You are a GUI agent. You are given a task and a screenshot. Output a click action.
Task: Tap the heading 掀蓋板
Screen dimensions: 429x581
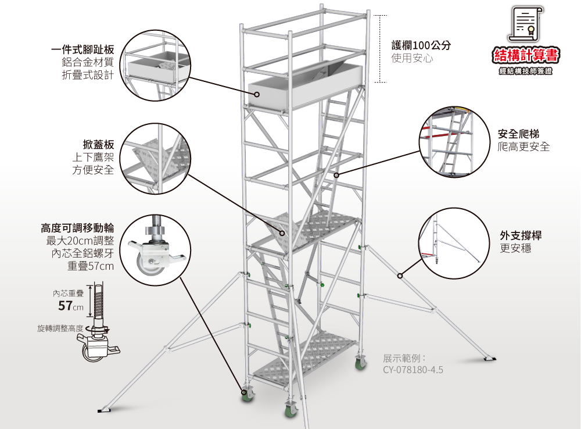pyautogui.click(x=98, y=144)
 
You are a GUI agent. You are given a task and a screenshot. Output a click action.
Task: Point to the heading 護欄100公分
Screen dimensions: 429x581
pyautogui.click(x=421, y=46)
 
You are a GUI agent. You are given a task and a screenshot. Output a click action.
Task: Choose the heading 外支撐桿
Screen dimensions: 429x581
pyautogui.click(x=521, y=235)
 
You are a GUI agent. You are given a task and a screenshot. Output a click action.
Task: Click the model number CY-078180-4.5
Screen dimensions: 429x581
pyautogui.click(x=413, y=369)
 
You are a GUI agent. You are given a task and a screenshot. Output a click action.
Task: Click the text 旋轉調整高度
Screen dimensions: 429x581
pyautogui.click(x=60, y=329)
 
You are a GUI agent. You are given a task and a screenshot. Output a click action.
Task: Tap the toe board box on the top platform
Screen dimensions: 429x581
pyautogui.click(x=306, y=86)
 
